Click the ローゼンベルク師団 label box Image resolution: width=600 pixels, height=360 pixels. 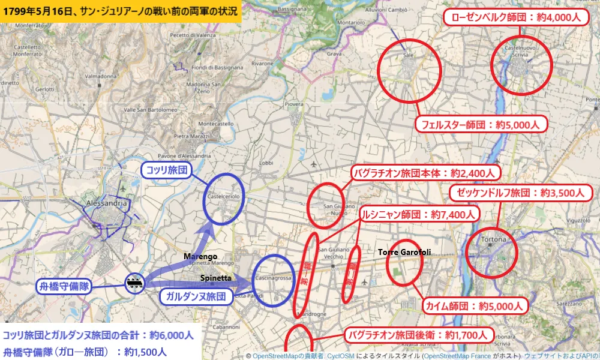click(x=515, y=17)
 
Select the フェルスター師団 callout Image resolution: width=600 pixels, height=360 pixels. click(x=481, y=125)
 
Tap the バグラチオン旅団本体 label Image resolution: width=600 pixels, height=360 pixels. click(x=425, y=173)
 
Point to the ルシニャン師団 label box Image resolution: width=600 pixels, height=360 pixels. click(x=419, y=214)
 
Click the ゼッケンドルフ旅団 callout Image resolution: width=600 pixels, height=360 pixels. click(x=521, y=193)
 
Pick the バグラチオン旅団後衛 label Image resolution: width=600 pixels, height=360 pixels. click(x=419, y=335)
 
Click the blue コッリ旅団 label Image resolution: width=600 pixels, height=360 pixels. click(x=166, y=171)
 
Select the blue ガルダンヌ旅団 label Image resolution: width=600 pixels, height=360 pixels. click(x=196, y=296)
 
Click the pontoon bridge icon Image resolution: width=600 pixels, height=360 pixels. click(x=134, y=282)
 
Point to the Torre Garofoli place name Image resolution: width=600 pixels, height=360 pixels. click(x=404, y=253)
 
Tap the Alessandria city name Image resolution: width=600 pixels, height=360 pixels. click(x=107, y=203)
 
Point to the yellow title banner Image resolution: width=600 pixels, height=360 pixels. click(x=120, y=11)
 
